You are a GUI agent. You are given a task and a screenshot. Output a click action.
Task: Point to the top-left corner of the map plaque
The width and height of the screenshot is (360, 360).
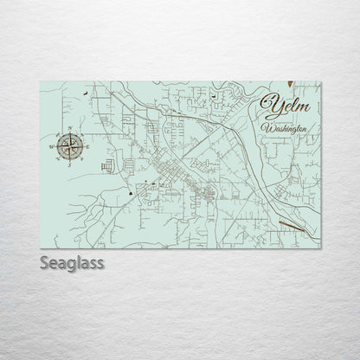pos(42,77)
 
